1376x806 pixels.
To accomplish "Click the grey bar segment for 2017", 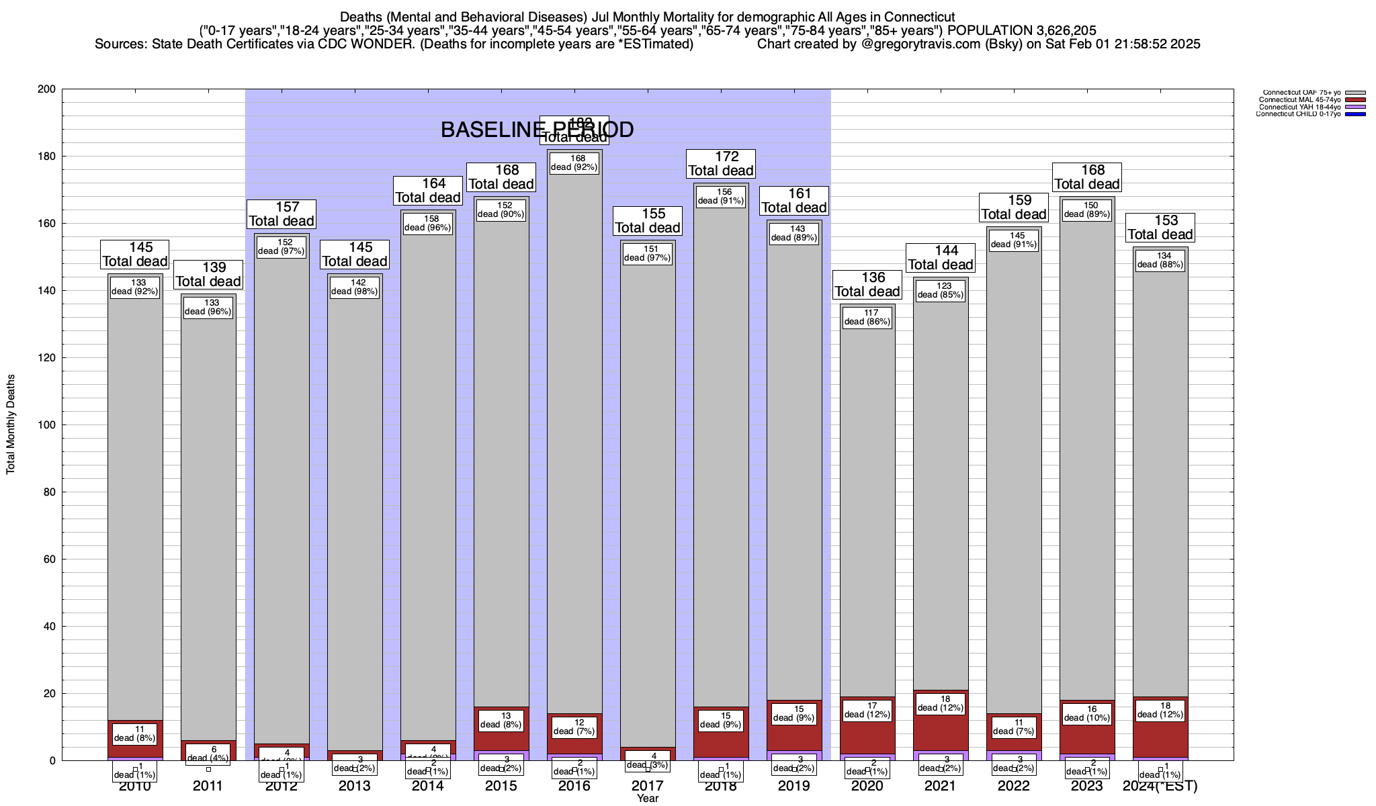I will tap(648, 504).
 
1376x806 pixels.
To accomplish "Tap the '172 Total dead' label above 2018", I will tap(721, 164).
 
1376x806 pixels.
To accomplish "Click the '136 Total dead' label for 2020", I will tap(867, 285).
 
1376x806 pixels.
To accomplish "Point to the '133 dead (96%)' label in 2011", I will tap(208, 307).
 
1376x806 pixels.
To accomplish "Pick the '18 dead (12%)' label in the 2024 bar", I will tap(1160, 711).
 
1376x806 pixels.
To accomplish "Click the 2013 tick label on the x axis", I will tap(355, 786).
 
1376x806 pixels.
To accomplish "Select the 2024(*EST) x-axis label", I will tap(1160, 786).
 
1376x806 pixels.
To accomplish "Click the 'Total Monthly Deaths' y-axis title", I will tap(11, 424).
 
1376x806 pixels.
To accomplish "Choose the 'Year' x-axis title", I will tap(648, 799).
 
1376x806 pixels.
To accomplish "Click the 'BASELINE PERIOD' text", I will tap(537, 130).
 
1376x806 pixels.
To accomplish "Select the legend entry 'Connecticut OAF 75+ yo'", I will tap(1301, 93).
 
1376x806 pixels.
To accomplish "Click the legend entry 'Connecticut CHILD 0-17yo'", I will tap(1298, 114).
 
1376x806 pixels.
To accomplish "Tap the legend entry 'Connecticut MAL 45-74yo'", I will tap(1299, 100).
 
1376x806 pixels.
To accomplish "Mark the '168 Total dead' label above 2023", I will tap(1087, 177).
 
